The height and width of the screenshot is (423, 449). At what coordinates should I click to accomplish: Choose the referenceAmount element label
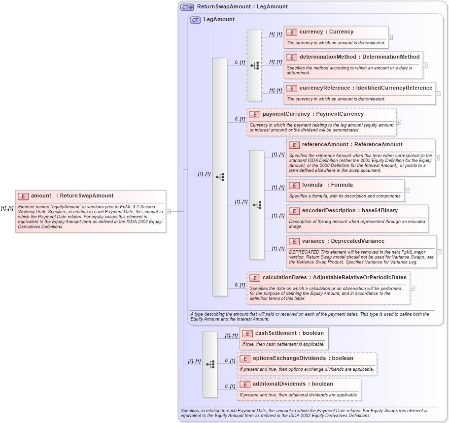tap(325, 145)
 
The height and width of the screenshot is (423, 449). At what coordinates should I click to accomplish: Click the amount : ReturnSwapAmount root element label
tap(71, 196)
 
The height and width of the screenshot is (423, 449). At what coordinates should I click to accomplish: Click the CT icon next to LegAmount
tap(195, 20)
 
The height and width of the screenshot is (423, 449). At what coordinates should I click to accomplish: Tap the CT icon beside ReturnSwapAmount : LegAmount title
tap(187, 7)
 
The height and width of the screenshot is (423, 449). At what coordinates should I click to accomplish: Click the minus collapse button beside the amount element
tap(168, 211)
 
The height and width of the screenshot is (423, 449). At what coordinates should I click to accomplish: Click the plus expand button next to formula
tap(407, 190)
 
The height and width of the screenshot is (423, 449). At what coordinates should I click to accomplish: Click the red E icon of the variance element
tap(294, 241)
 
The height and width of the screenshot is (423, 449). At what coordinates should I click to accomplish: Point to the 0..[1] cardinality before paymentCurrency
tap(240, 119)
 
